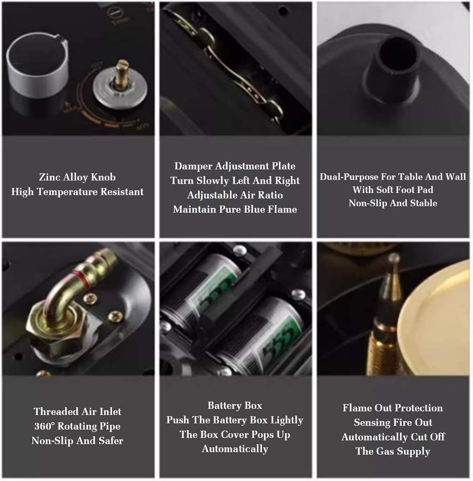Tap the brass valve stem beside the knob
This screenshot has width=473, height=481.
tap(122, 74)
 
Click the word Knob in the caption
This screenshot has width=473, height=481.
tap(103, 177)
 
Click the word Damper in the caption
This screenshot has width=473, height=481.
tap(193, 166)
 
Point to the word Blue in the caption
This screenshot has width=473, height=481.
tap(255, 209)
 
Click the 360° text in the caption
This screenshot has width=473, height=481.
tap(44, 427)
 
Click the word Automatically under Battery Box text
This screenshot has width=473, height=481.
tap(235, 449)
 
